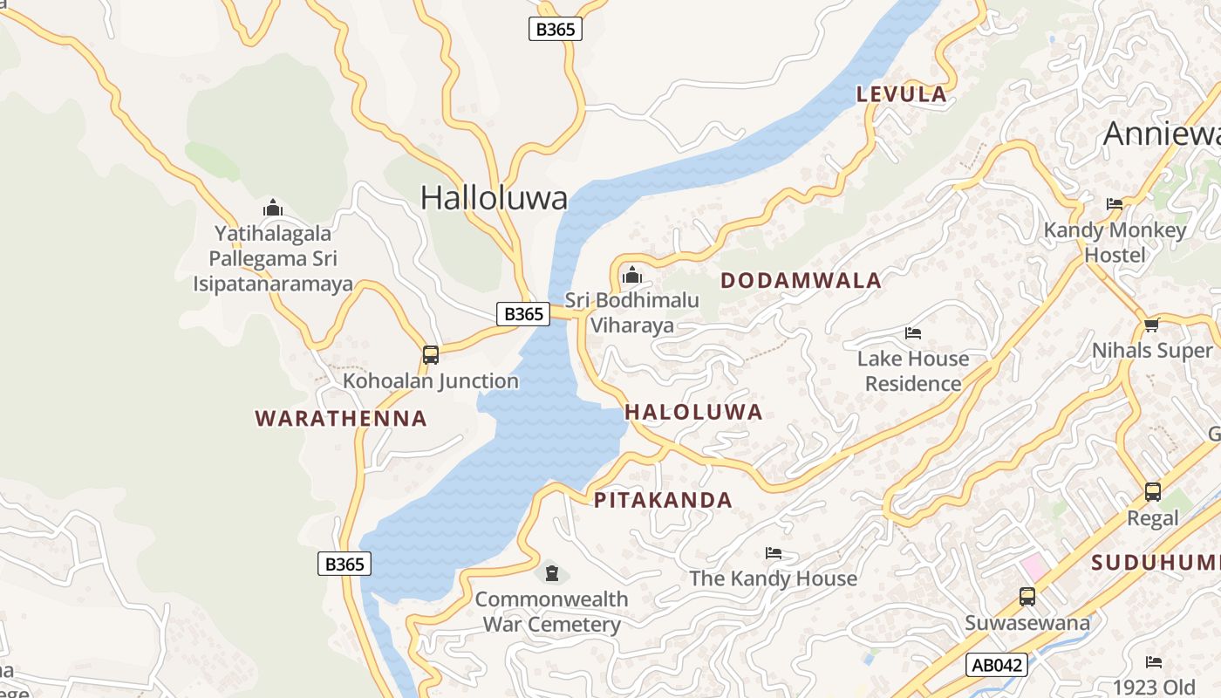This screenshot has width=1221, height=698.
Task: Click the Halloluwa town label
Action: [x=494, y=198]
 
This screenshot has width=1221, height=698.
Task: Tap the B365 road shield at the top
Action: [x=555, y=29]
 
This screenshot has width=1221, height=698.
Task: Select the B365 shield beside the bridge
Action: [x=523, y=314]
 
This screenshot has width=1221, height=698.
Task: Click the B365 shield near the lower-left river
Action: [x=344, y=565]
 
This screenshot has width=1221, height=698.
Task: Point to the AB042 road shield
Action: [x=997, y=665]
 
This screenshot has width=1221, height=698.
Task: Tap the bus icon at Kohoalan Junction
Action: [x=430, y=355]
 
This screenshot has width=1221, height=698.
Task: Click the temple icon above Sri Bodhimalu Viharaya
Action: [x=632, y=277]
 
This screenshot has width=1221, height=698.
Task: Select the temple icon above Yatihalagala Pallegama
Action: [x=273, y=209]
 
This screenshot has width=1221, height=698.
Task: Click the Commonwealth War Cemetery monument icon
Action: [x=551, y=573]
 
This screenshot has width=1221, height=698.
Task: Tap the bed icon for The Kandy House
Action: [x=773, y=553]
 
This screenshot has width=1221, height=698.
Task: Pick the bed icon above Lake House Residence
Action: [x=913, y=333]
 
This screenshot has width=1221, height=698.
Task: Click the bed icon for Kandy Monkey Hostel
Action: [x=1115, y=204]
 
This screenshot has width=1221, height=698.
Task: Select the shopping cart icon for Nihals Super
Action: [x=1151, y=325]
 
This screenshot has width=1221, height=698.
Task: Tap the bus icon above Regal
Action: [x=1152, y=492]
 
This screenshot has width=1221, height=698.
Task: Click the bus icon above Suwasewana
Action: [x=1027, y=598]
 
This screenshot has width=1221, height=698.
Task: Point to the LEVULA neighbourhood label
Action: [x=901, y=94]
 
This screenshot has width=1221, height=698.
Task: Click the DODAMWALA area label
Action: [x=801, y=281]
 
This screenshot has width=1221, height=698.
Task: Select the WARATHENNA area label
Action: [x=341, y=419]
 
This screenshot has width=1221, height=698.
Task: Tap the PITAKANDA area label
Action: [x=663, y=501]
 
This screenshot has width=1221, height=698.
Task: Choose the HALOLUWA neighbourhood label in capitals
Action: [x=693, y=413]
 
